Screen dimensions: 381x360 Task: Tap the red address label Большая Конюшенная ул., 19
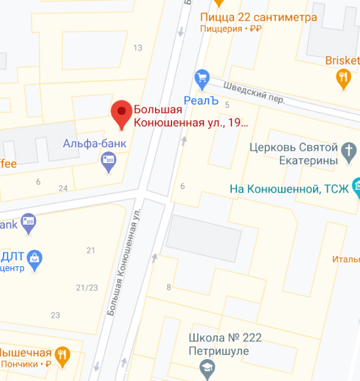coord(190,117)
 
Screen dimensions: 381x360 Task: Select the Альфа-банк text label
coord(95,143)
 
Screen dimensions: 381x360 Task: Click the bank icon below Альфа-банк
coord(109,161)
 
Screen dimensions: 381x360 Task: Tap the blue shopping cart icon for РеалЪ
coord(201,78)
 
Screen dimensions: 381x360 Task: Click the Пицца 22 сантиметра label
coord(258,17)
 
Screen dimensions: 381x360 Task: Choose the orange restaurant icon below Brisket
coord(344,77)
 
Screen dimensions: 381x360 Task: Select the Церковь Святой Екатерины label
coord(294,154)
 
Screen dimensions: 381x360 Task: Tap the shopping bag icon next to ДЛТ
coord(35,259)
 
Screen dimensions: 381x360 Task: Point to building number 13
coord(137,48)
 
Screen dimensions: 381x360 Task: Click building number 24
coord(63,188)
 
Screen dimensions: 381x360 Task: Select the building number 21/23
coord(87,288)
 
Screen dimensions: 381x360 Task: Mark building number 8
coord(168,287)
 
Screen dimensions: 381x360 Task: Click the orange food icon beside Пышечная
coord(62,354)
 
